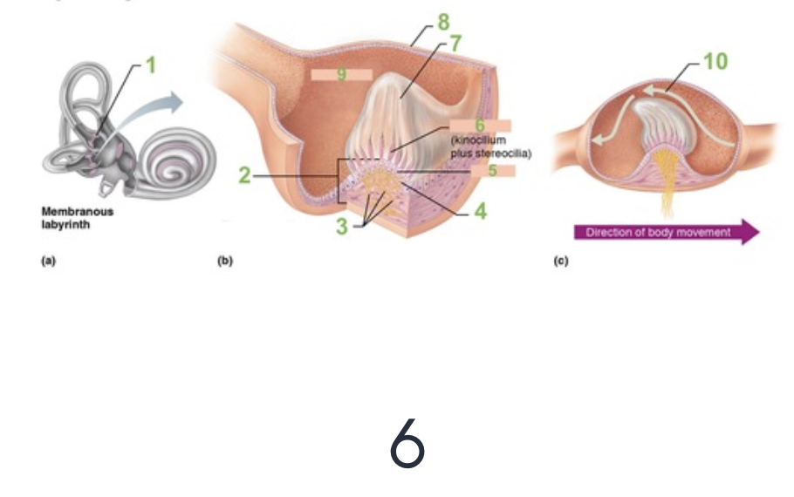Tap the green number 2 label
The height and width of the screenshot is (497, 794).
[x=245, y=176]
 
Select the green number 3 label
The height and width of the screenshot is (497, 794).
[x=342, y=227]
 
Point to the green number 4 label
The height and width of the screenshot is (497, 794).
[x=480, y=212]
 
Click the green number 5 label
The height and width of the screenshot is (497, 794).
[x=492, y=171]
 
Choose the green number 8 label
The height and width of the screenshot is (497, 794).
[x=442, y=20]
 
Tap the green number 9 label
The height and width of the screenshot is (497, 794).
[x=341, y=75]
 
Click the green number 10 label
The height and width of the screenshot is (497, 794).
[x=715, y=61]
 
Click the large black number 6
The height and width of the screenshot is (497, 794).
[x=407, y=443]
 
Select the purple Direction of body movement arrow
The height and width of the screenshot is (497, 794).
[x=666, y=232]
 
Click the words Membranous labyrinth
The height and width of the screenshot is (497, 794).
[x=77, y=216]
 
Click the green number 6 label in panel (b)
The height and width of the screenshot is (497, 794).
[x=479, y=126]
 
